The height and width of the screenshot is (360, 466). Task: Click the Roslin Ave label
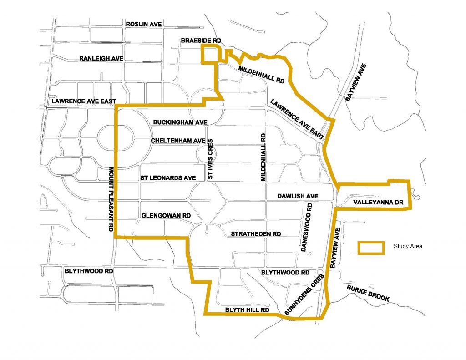(x=144, y=24)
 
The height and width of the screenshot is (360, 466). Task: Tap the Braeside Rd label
(x=201, y=41)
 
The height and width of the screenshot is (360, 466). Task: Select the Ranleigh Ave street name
(x=101, y=58)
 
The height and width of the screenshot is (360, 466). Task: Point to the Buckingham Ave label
(x=180, y=122)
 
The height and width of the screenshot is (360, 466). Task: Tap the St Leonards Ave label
(x=168, y=177)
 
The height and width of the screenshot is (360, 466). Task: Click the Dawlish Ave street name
(x=298, y=196)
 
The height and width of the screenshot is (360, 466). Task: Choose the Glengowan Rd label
(x=166, y=215)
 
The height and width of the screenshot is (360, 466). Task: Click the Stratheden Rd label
(x=256, y=233)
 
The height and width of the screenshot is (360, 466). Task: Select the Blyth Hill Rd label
(x=248, y=310)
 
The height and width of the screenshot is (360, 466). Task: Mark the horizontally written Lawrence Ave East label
(x=84, y=101)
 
